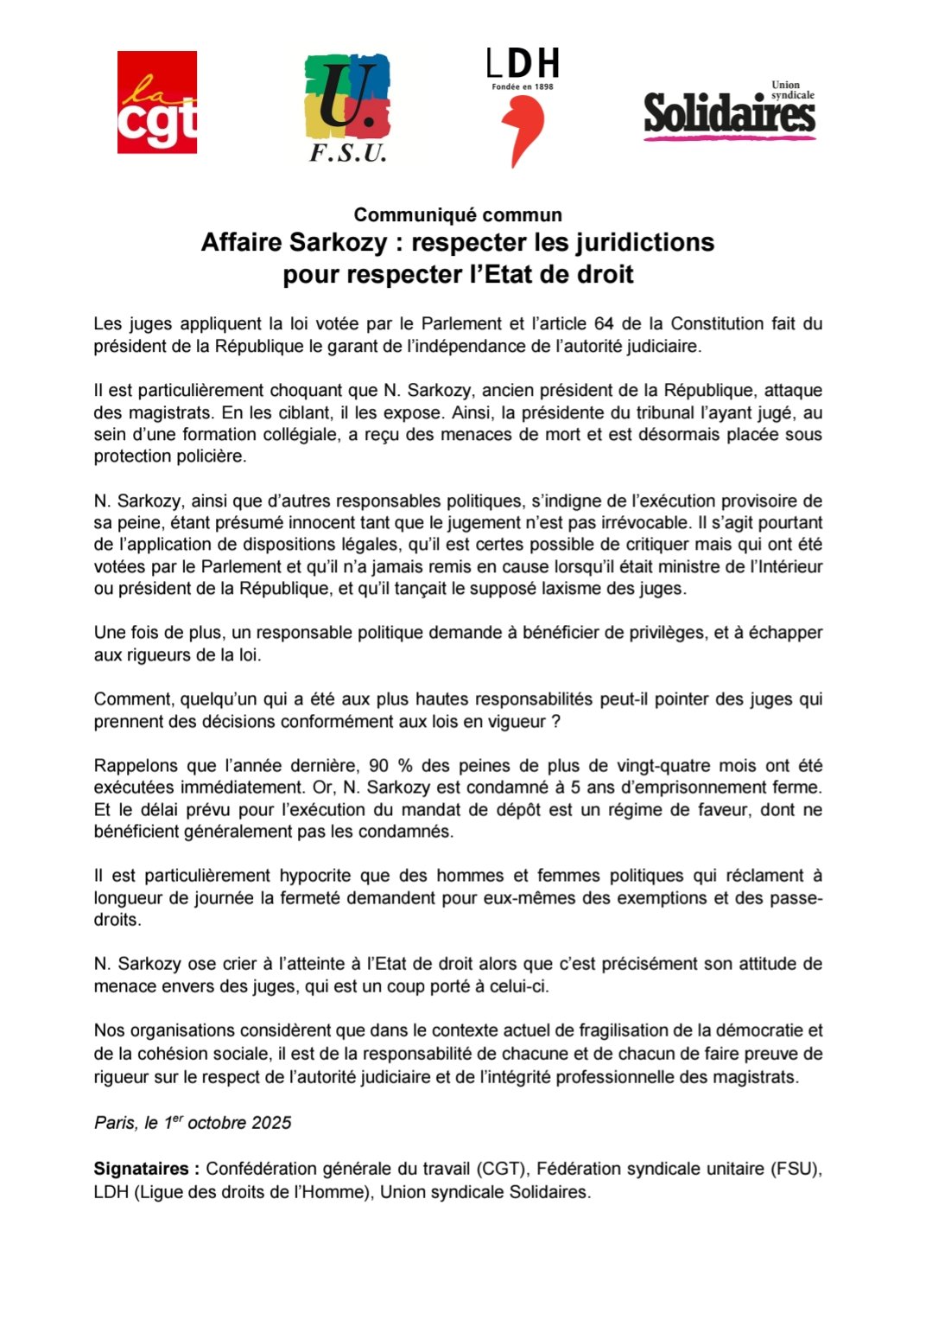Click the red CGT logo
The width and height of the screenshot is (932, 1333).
pos(157,102)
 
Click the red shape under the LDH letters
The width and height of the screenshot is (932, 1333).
pos(523,130)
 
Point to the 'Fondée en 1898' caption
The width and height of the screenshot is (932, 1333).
pos(523,86)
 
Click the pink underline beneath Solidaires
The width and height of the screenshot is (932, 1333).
pos(729,137)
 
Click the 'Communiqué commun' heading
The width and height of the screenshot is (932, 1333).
pos(458,214)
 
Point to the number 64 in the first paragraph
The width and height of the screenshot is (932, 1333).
pos(604,324)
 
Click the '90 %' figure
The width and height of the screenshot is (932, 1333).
pos(391,766)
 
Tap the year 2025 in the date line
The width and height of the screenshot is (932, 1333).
pos(271,1123)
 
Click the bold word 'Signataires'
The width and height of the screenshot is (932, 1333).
pos(142,1169)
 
